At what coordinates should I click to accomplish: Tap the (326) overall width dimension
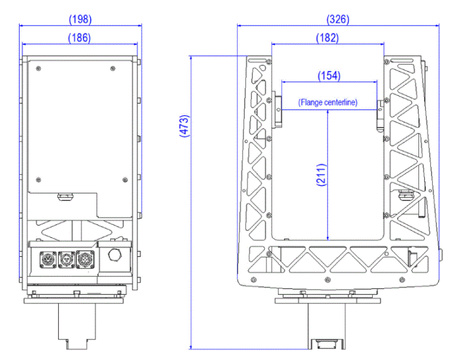coord(337,20)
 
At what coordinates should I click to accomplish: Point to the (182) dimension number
coord(326,38)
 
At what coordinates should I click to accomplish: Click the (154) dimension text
coord(328,76)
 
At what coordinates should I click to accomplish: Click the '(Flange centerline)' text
coord(328,102)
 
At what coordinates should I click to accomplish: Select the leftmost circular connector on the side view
coord(47,258)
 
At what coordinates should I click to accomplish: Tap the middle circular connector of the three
coord(66,258)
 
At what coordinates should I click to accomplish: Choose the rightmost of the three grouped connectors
coord(85,258)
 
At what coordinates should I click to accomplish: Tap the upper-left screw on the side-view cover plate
coord(40,67)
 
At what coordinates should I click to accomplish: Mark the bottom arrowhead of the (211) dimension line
coord(328,237)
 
